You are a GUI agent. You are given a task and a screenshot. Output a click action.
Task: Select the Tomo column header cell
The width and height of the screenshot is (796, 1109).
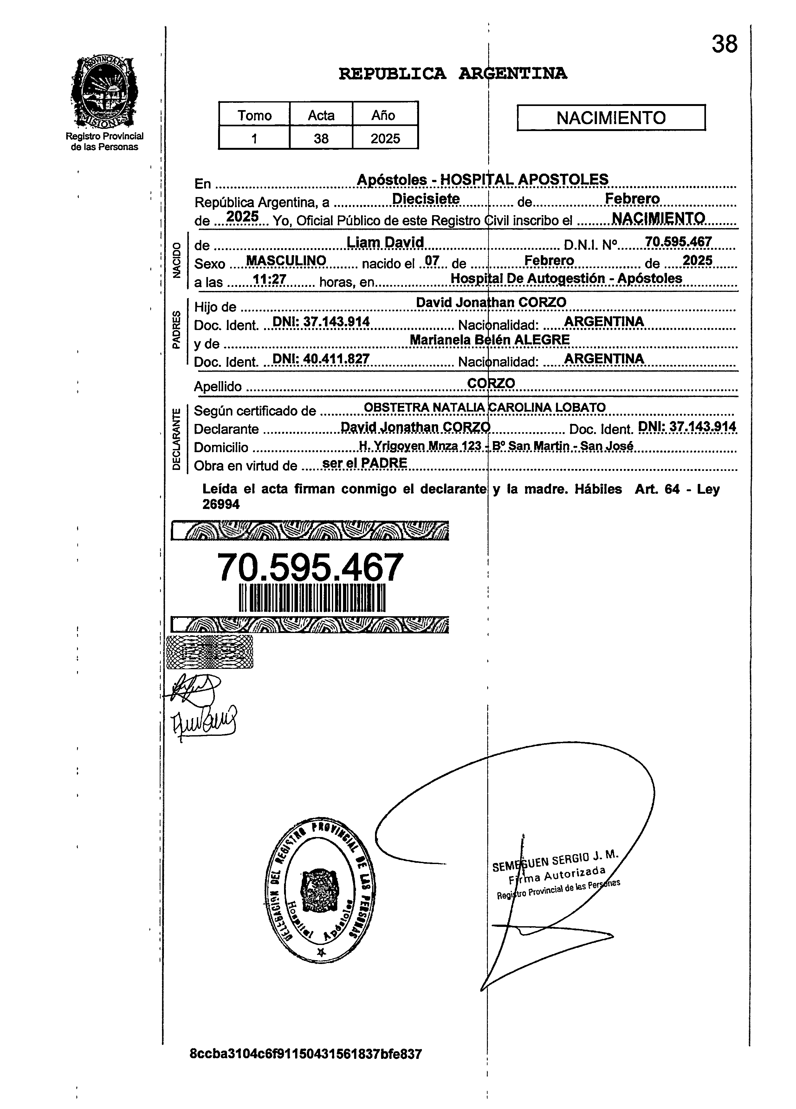coord(254,116)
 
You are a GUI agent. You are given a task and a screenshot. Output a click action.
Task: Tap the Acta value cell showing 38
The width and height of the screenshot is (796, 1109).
coord(321,138)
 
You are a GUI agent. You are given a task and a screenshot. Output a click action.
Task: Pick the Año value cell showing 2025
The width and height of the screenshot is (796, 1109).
coord(385,138)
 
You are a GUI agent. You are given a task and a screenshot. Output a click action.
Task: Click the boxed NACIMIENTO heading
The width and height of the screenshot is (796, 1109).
coord(611,118)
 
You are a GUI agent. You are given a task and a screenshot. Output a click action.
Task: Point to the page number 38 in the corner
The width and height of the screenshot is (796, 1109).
coord(724,44)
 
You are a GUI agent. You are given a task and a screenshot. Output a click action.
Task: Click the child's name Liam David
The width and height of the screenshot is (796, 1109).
coord(385,242)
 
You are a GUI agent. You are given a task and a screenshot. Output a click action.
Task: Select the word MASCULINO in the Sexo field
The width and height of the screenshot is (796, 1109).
coord(286,261)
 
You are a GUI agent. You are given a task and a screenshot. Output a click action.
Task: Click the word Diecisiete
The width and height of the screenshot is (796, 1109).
coord(426,199)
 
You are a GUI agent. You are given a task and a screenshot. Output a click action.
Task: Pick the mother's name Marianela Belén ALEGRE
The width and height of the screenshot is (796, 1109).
coord(490,340)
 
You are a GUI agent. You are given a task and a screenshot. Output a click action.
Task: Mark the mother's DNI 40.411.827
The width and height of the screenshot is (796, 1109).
coord(320,359)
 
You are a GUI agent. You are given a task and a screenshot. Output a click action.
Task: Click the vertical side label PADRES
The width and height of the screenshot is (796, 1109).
coord(176,330)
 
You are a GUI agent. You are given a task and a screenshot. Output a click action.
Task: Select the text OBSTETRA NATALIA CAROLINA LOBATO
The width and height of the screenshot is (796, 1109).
coord(485,407)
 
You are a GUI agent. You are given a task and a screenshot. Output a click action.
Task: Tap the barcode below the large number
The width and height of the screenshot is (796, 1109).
coord(312,598)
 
